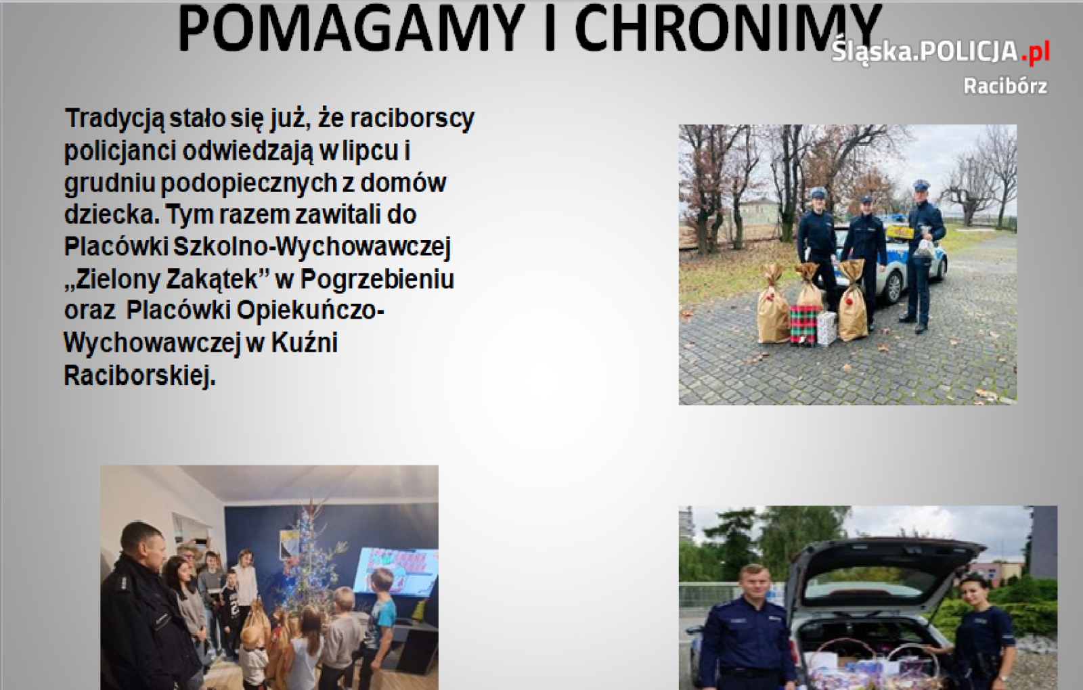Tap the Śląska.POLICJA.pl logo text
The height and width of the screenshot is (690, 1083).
pos(940,51)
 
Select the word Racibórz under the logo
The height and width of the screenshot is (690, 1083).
pos(1005,86)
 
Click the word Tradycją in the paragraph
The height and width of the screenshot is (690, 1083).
pos(114,119)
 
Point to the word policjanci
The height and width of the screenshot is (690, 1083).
pos(120,151)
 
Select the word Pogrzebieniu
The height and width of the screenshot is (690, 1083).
pos(377,279)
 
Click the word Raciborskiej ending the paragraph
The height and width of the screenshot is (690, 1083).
pos(139,375)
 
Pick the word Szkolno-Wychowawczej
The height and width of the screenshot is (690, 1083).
pos(311,247)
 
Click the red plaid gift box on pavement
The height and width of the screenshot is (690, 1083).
pos(803,325)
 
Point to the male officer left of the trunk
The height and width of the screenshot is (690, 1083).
pos(748,632)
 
